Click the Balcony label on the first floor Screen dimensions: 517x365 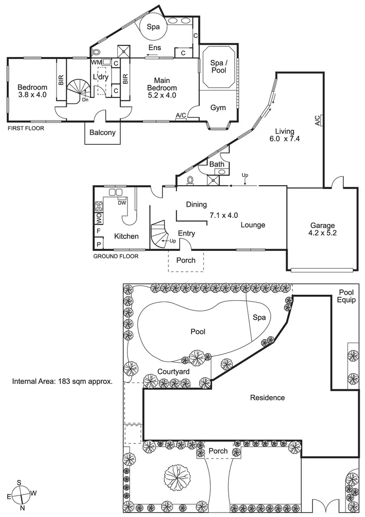103,132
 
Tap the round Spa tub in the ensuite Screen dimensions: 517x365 153,27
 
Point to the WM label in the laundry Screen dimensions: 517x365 96,62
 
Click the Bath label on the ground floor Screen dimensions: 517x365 217,165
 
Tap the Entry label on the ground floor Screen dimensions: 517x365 186,234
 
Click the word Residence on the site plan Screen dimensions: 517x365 267,398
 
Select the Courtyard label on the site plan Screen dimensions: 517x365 173,371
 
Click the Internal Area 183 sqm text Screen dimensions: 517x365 62,381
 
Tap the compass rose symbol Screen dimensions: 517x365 21,495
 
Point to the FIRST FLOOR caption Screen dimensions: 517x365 26,129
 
